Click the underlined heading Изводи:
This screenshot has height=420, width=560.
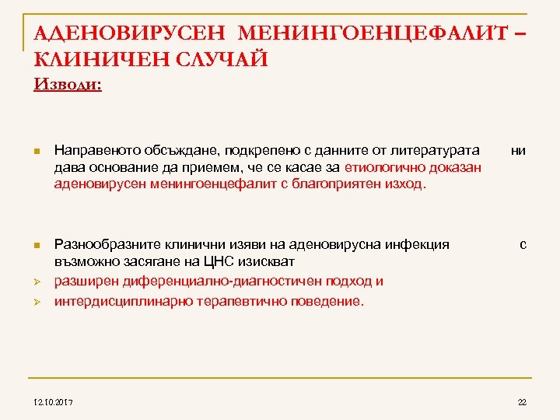pos(68,83)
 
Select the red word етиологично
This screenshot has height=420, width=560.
pos(379,167)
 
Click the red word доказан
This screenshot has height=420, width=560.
pos(454,167)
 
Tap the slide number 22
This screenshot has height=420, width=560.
pos(522,402)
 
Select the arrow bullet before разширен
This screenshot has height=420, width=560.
pos(38,282)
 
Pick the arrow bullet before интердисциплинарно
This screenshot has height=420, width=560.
pos(38,301)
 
